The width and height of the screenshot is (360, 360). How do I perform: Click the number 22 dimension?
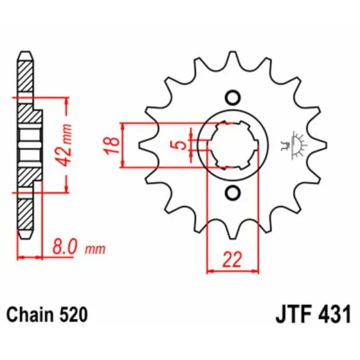click(232, 260)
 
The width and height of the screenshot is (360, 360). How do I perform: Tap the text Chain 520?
click(47, 314)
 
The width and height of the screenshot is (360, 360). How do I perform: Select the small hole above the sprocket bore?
click(232, 98)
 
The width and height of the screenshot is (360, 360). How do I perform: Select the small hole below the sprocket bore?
click(232, 193)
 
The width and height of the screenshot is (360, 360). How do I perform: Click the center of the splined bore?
click(232, 146)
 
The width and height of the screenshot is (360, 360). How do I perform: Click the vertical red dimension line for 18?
click(124, 146)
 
